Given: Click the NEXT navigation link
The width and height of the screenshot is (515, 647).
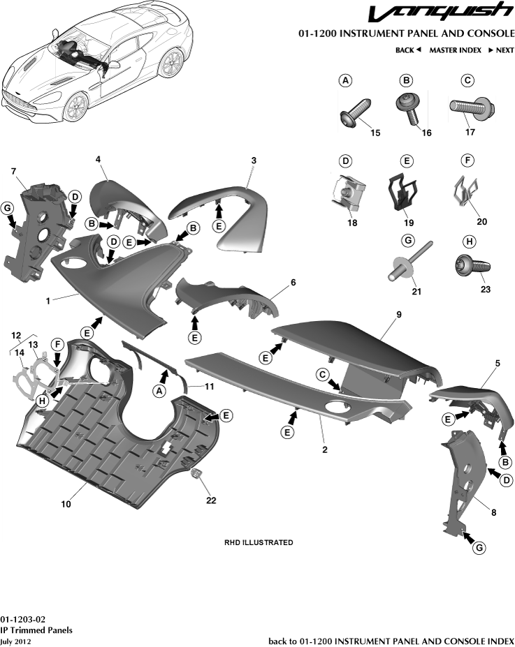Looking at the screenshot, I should coord(501,50).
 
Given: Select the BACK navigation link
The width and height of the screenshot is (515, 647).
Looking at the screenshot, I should coord(407,50).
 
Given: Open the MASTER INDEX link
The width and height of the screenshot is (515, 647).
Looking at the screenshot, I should coord(455,50).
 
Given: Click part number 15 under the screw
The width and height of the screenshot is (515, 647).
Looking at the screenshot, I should coord(375,133).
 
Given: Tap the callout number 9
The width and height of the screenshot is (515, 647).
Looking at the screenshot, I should coord(398,315).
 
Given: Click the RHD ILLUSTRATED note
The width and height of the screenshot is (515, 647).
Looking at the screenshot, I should coord(259,542).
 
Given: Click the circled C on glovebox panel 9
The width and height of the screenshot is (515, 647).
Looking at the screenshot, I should coord(324,374).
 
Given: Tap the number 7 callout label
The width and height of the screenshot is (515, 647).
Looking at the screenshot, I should coord(13,170).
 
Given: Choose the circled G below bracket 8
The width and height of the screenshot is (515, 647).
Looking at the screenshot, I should coord(480,548).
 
